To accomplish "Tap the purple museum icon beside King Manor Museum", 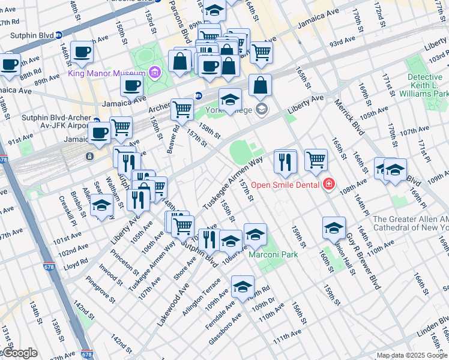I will (x=155, y=73).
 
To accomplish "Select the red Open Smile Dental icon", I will (x=328, y=184).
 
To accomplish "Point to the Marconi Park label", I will (x=273, y=254).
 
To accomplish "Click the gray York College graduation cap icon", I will (x=261, y=109).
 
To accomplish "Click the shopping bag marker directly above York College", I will (x=260, y=85).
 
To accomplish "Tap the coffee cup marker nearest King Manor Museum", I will (x=132, y=85).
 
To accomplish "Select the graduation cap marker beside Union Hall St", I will (x=334, y=227).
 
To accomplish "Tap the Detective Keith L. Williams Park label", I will (x=427, y=86).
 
